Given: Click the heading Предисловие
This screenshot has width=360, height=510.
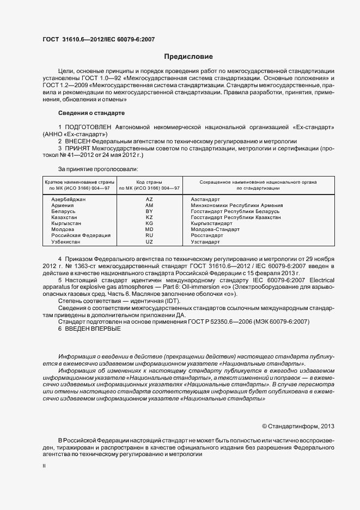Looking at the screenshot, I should tap(188, 57).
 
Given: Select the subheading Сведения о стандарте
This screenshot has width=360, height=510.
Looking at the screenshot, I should tap(91, 113).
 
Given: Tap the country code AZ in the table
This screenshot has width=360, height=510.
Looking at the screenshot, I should tap(149, 199).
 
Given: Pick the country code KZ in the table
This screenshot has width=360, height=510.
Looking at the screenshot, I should tap(149, 217).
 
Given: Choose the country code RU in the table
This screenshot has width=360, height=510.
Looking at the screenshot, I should tap(149, 235).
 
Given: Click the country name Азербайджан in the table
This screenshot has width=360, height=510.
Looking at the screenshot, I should tap(69, 199).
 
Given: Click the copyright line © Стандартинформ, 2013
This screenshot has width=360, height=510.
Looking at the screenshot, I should tap(298, 426).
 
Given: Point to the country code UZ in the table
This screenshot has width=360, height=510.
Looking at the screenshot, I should tap(149, 241).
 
